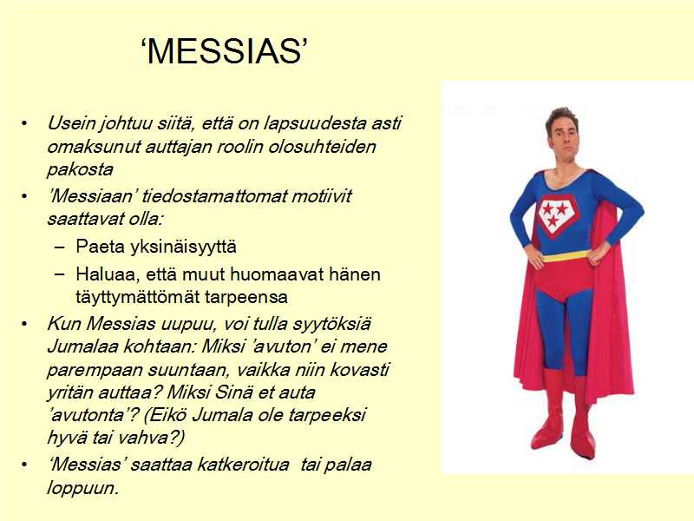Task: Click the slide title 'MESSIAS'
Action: tap(225, 51)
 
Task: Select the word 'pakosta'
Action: tap(80, 169)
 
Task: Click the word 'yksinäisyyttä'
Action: tap(183, 247)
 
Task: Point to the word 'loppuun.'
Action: tap(83, 488)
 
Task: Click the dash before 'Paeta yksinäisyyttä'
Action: tap(59, 247)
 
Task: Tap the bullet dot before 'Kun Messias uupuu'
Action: tap(24, 324)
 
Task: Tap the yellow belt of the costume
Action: tap(566, 256)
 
